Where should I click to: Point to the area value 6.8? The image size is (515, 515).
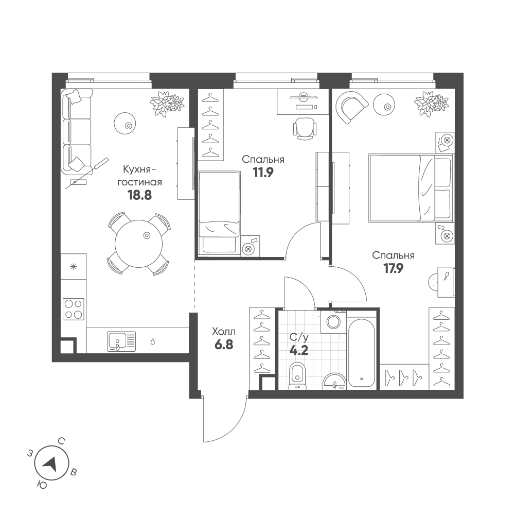224,345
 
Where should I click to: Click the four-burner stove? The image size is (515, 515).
73,309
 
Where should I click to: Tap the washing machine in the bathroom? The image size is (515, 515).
333,322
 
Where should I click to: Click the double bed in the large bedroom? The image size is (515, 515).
411,189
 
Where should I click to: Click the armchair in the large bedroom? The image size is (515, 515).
352,107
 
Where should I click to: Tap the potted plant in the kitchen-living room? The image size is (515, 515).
167,103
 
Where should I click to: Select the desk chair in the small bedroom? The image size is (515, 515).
304,127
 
